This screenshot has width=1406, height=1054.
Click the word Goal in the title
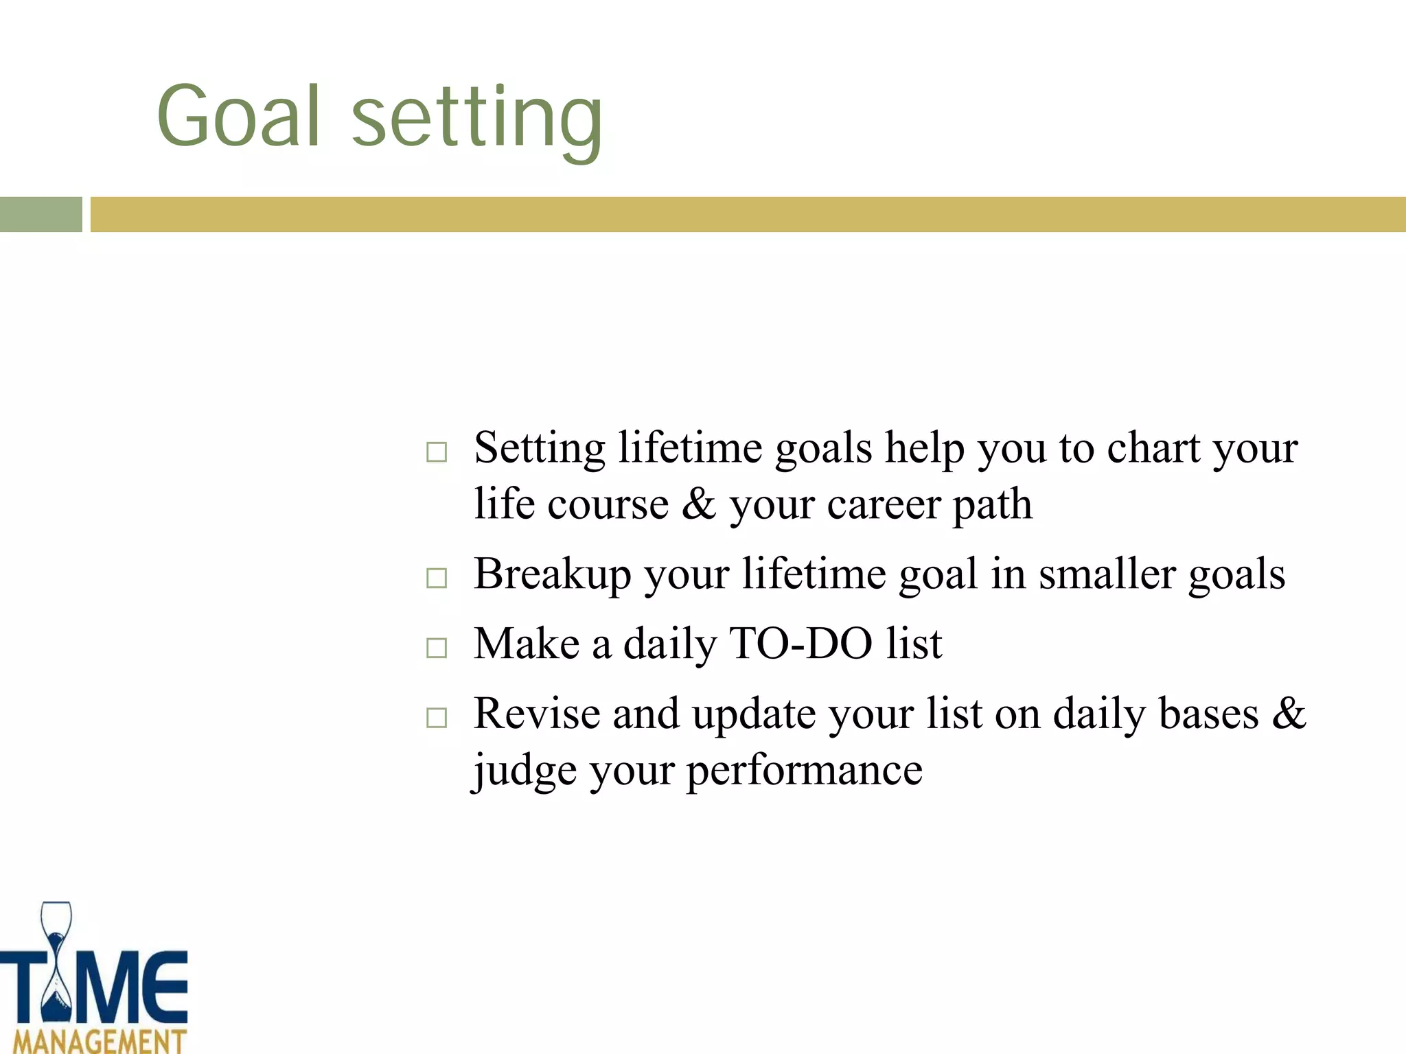pyautogui.click(x=238, y=117)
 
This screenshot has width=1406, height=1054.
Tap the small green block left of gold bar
pyautogui.click(x=41, y=214)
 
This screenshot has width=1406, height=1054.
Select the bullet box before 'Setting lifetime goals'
pyautogui.click(x=437, y=452)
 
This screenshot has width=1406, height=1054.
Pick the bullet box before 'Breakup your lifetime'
pyautogui.click(x=437, y=578)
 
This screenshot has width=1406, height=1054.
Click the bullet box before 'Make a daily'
pyautogui.click(x=437, y=648)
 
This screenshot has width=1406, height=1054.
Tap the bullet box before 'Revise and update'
pyautogui.click(x=437, y=718)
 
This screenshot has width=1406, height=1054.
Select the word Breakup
pyautogui.click(x=552, y=574)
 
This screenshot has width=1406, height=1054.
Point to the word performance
pyautogui.click(x=804, y=771)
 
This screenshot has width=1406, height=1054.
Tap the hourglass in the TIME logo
pyautogui.click(x=56, y=968)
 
